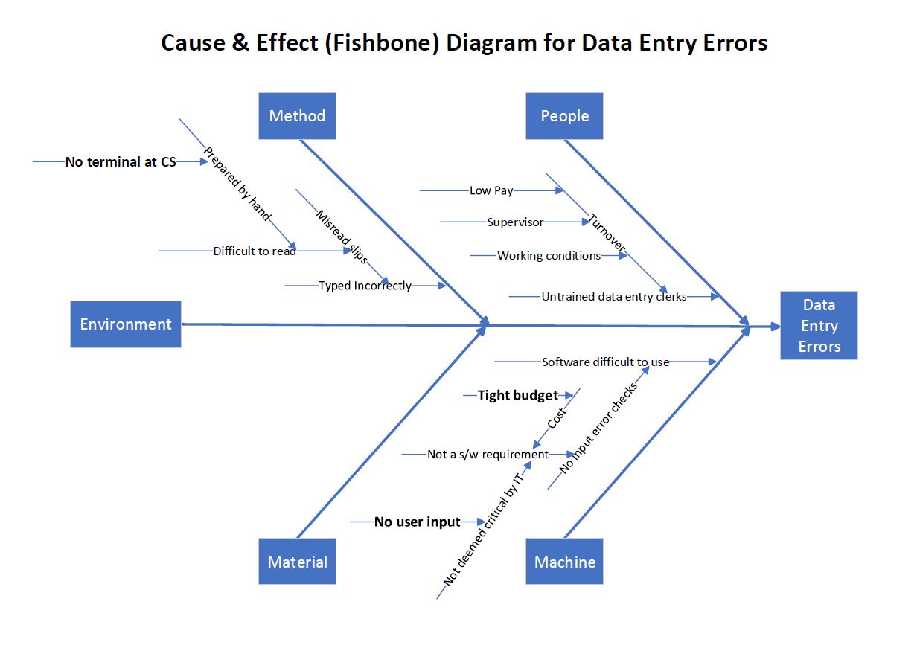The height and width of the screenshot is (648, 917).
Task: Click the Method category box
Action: [x=297, y=116]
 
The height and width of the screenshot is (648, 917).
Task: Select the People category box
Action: [x=564, y=116]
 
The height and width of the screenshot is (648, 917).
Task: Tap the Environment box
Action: [x=126, y=324]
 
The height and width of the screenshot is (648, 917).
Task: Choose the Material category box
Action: [x=297, y=562]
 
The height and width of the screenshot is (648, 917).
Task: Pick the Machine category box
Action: [x=564, y=562]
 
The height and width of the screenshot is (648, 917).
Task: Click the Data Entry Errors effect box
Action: [x=819, y=326]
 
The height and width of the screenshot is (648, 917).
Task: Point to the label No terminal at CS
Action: [x=121, y=161]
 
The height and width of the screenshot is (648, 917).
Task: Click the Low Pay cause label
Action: [x=491, y=190]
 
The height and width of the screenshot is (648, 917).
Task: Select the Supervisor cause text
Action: [x=515, y=222]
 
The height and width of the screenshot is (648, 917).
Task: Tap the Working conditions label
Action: [x=549, y=255]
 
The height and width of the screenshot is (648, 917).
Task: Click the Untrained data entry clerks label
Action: [x=614, y=296]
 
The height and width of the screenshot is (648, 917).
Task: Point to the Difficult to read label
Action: [x=255, y=251]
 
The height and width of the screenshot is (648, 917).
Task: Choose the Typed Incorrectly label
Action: [x=365, y=286]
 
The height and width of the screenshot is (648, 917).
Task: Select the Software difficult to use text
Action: [x=605, y=362]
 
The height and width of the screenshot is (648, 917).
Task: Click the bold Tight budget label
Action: [x=517, y=395]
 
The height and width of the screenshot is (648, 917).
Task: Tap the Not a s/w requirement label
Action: [x=488, y=454]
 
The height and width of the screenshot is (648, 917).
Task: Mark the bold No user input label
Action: [x=418, y=522]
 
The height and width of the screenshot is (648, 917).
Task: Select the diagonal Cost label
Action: [x=557, y=417]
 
